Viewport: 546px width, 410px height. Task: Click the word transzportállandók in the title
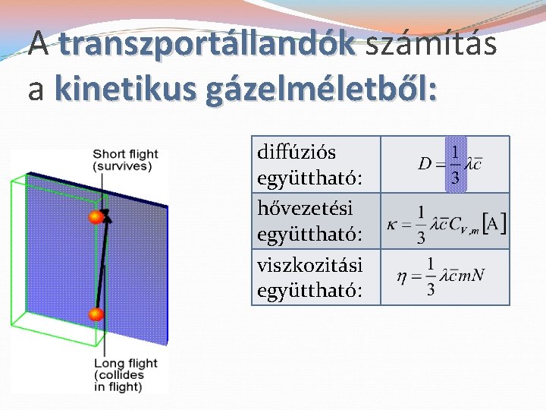[x=206, y=45]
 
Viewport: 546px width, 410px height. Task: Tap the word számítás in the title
[x=430, y=45]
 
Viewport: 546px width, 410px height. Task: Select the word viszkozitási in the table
[x=309, y=264]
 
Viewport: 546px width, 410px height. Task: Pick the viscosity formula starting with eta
[x=441, y=276]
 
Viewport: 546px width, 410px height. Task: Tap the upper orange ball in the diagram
[x=96, y=218]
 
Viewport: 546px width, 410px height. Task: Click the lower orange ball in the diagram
[x=96, y=314]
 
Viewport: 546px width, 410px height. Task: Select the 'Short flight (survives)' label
[x=126, y=160]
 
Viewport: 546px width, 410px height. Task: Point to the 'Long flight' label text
[x=126, y=363]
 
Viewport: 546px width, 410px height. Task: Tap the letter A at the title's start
[x=39, y=45]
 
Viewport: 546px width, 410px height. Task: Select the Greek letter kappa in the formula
[x=391, y=225]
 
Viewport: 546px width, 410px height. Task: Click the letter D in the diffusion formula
[x=424, y=164]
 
